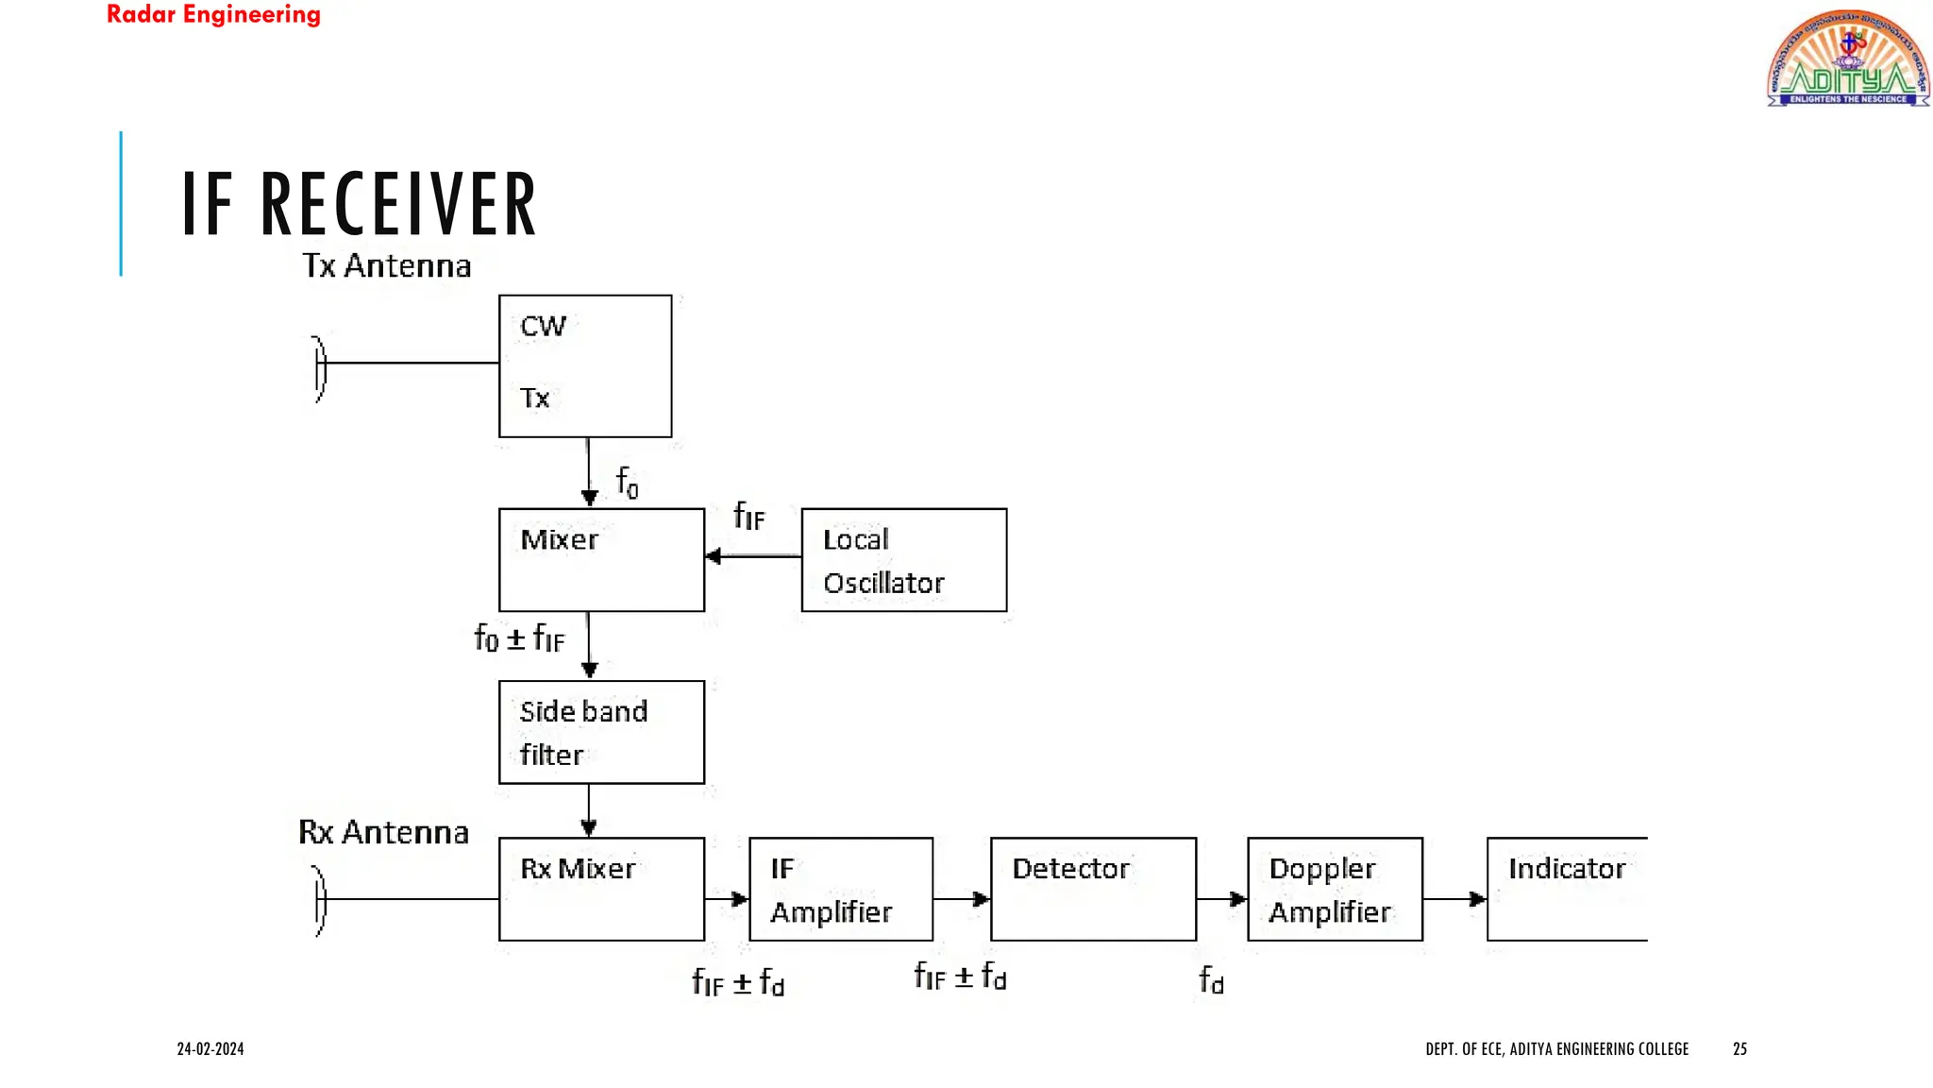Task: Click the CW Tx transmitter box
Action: [585, 365]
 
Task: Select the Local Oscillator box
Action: [903, 560]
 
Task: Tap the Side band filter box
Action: [601, 732]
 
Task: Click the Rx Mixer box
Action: [601, 889]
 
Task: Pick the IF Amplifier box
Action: [841, 889]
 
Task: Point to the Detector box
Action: [1093, 889]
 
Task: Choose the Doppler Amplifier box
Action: [1335, 889]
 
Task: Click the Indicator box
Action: [1567, 889]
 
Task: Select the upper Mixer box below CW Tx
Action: [601, 560]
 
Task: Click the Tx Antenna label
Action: [386, 266]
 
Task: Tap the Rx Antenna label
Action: [383, 832]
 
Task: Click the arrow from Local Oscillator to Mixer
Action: [752, 556]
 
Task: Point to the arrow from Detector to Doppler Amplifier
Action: [1221, 899]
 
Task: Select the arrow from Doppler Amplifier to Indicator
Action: [1454, 899]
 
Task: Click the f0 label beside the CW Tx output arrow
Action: [627, 482]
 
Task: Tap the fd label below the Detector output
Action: [1211, 979]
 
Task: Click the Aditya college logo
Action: [1847, 59]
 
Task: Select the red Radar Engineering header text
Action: [213, 15]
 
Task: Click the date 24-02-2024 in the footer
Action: [210, 1048]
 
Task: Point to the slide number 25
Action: [1740, 1048]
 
